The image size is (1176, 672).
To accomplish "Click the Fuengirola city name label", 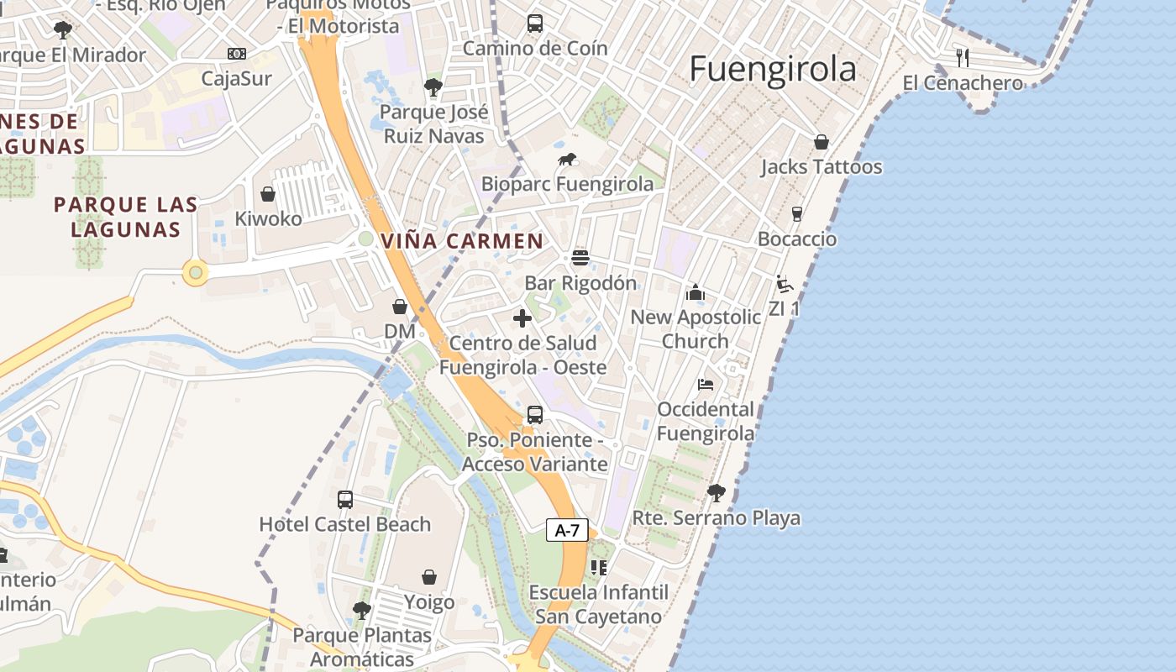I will click(773, 69).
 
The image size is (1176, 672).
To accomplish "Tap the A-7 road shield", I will click(567, 530).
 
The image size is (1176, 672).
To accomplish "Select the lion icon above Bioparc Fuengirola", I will click(568, 160).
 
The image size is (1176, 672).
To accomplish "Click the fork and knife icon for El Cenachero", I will click(963, 57).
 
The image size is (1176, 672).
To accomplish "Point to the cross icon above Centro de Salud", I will click(522, 318).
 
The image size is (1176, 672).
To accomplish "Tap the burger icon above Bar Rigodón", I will click(580, 257).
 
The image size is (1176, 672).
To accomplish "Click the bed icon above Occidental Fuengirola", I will click(706, 385).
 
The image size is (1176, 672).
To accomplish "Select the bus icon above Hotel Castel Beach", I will click(345, 500).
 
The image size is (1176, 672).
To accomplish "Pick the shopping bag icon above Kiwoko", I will click(268, 195).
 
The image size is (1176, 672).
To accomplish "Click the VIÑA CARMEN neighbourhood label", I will click(462, 241).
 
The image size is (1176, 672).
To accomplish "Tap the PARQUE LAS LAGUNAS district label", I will click(126, 217).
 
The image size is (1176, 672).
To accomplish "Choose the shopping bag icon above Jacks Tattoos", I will click(821, 142).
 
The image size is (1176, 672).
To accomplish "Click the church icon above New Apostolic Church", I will click(695, 292).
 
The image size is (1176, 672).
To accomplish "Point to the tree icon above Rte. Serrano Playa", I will click(716, 492).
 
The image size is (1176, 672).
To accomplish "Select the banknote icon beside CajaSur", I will click(237, 54).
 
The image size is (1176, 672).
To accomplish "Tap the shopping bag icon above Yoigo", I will click(429, 577).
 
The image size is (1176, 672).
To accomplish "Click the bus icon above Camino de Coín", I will click(535, 24).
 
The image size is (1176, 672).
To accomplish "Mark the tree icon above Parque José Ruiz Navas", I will click(433, 87).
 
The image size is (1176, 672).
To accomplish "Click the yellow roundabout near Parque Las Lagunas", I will click(195, 272).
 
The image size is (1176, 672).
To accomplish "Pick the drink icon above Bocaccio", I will click(797, 213).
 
